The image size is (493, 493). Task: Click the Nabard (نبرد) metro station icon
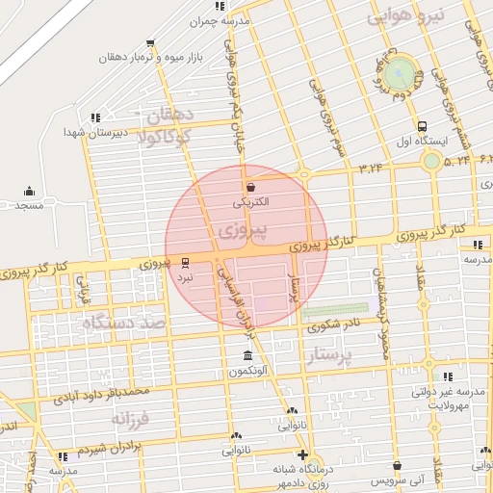tap(186, 262)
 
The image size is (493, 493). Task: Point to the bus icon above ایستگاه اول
tap(422, 126)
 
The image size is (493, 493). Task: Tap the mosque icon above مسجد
tap(30, 191)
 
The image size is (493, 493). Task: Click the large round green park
tap(402, 72)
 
